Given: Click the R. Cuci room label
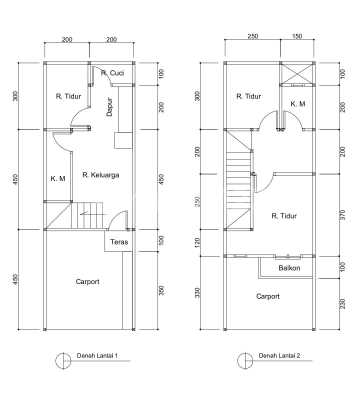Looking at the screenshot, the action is coord(112,73).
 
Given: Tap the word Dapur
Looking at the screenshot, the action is coord(110,107).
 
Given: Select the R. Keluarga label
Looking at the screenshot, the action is coord(101,175).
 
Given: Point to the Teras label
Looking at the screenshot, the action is coord(119,242).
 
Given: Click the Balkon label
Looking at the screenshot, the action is coord(289,268).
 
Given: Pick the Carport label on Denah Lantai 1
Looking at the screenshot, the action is coord(87,282).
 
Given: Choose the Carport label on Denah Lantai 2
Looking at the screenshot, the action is coord(268,296).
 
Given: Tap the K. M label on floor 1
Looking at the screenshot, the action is coord(58,179).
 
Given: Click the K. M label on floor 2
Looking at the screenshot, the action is coord(298,104).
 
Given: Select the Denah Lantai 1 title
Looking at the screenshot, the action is coord(97,356).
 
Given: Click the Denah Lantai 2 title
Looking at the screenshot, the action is coord(279,356).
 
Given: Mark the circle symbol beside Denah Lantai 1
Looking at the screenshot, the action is coord(62,361).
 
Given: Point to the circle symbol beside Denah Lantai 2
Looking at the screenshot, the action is coord(244,361).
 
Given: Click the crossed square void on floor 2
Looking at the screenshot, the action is coord(296,72).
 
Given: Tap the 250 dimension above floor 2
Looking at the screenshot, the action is coord(253,36).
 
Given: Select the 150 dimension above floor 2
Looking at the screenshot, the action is coord(297,36).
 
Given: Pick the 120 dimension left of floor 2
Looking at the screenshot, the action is coord(197,243).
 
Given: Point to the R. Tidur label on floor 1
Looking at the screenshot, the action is coord(68,97).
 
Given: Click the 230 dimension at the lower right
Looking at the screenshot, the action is coord(342,304).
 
